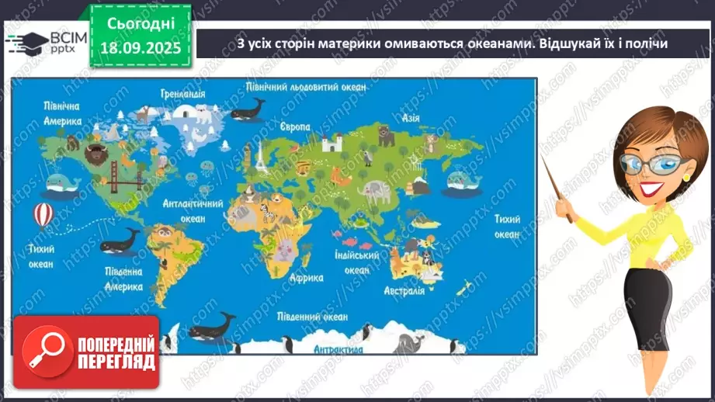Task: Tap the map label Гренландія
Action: click(x=183, y=93)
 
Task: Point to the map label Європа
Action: click(x=295, y=126)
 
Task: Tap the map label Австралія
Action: click(x=404, y=291)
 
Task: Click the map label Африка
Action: click(x=306, y=277)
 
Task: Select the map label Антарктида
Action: click(x=338, y=350)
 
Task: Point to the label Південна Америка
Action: click(x=124, y=279)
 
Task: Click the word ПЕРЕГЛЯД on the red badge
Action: click(x=116, y=361)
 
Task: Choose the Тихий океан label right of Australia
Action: click(x=507, y=227)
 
